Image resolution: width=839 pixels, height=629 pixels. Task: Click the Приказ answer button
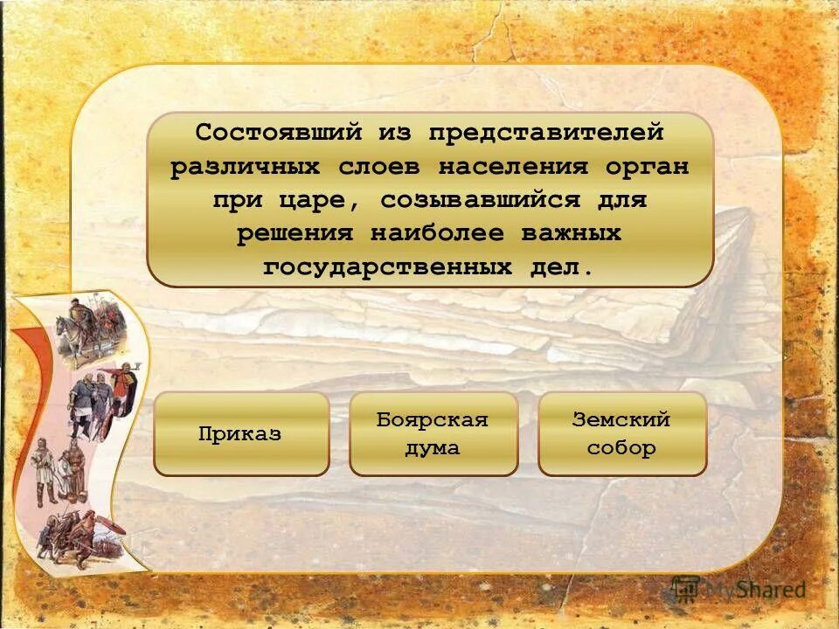coord(241,434)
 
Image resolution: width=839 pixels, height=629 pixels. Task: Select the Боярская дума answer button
coord(433,434)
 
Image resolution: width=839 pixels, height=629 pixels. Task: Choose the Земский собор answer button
coord(621,434)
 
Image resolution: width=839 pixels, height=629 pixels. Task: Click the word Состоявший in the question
coord(278,133)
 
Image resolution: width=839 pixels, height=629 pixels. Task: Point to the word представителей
coord(546,133)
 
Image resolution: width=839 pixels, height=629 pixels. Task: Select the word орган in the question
coord(645,167)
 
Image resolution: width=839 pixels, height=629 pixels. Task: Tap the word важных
coord(571,234)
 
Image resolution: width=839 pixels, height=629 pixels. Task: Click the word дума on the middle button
coord(432,449)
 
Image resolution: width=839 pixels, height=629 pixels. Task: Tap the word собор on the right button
coord(621,449)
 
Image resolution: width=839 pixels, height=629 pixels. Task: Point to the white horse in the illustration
coord(70,336)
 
